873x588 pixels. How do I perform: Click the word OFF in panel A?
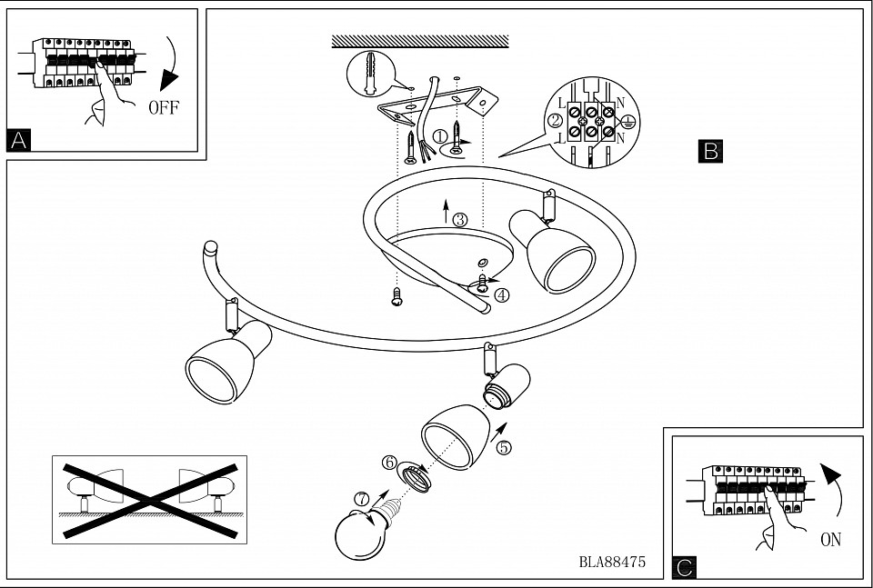pyautogui.click(x=164, y=108)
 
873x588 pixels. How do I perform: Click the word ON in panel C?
pyautogui.click(x=830, y=540)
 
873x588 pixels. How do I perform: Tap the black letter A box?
pyautogui.click(x=18, y=140)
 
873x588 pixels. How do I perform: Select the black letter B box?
pyautogui.click(x=710, y=151)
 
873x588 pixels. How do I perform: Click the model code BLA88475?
pyautogui.click(x=612, y=562)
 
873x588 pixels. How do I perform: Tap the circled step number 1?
pyautogui.click(x=441, y=136)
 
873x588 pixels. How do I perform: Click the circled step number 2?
pyautogui.click(x=555, y=120)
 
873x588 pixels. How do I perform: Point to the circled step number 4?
pyautogui.click(x=502, y=294)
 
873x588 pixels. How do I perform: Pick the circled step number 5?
pyautogui.click(x=505, y=447)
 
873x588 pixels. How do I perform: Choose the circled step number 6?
pyautogui.click(x=389, y=463)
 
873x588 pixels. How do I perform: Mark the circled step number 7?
pyautogui.click(x=361, y=499)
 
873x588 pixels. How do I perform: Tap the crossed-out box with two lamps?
pyautogui.click(x=149, y=499)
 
